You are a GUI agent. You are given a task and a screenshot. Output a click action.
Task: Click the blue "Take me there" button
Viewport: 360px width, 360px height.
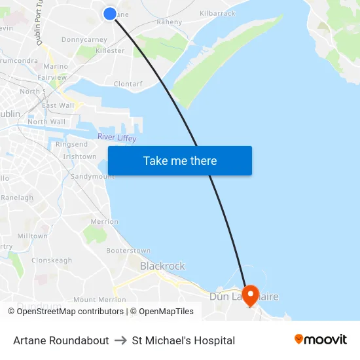click(180, 161)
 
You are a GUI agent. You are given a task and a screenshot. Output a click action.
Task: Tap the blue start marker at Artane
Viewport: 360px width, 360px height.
click(110, 13)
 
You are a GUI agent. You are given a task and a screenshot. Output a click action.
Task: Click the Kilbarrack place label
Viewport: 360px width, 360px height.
click(217, 13)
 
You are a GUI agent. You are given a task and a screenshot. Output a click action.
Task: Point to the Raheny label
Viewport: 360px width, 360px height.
click(170, 22)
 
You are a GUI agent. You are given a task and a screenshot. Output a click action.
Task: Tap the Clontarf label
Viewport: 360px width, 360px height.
click(128, 84)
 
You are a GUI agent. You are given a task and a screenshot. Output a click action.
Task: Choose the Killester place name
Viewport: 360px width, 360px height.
click(110, 50)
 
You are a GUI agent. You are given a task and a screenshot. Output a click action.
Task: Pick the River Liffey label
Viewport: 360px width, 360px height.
click(117, 137)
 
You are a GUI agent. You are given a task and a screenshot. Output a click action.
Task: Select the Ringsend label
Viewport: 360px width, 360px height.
click(71, 144)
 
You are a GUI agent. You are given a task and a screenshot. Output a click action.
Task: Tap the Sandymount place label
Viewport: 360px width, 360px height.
click(92, 177)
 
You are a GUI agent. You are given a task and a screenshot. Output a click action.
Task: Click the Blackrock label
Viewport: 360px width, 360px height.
click(162, 266)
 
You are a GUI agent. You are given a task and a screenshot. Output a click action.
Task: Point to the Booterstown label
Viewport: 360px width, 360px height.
click(128, 251)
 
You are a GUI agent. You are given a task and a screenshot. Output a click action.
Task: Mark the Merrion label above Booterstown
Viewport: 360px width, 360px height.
click(104, 222)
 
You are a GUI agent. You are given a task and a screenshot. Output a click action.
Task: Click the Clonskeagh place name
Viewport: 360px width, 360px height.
click(52, 260)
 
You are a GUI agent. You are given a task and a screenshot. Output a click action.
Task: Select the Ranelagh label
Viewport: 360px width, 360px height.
click(17, 198)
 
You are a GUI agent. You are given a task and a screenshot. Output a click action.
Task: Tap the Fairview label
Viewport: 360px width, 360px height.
click(52, 77)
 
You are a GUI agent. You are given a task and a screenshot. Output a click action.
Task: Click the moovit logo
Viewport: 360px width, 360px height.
click(321, 340)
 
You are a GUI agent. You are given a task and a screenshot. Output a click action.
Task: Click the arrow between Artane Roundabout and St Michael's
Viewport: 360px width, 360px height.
click(120, 340)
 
